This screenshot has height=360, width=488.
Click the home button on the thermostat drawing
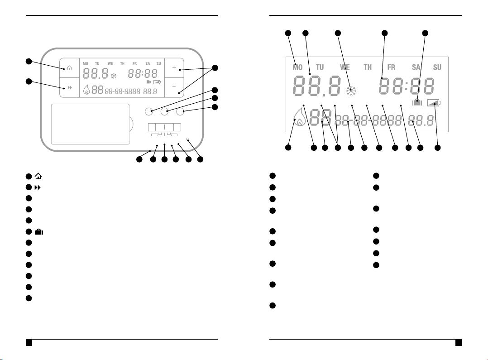[x=69, y=68]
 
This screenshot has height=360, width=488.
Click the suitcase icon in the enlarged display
[x=417, y=103]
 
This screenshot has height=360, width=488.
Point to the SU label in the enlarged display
[x=437, y=67]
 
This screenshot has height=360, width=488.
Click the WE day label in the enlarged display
[x=345, y=67]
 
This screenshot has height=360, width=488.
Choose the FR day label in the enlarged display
[x=391, y=67]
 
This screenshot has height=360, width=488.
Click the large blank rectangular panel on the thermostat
[x=91, y=124]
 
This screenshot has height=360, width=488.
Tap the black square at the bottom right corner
[x=459, y=342]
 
